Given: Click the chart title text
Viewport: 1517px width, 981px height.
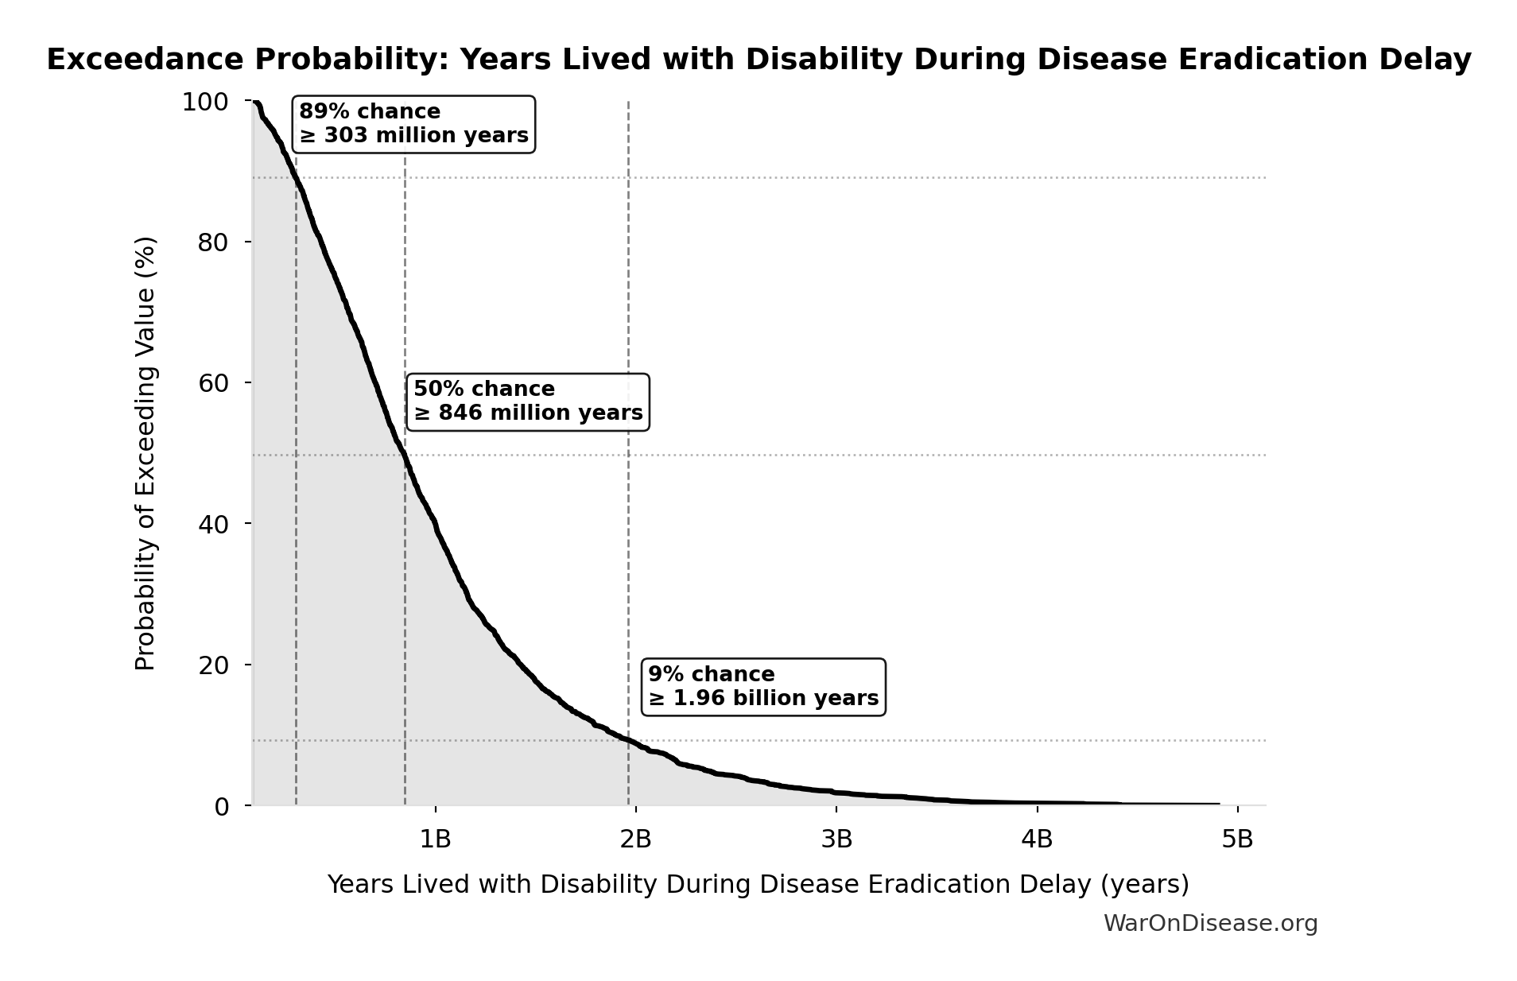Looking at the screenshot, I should [x=758, y=60].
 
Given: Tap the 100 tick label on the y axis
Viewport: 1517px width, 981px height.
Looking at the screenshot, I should [x=205, y=102].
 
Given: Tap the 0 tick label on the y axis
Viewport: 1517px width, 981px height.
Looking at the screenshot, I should [x=221, y=807].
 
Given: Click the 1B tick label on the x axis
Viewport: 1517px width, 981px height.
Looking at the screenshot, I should [x=435, y=839].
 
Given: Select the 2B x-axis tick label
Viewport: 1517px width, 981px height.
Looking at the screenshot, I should [x=635, y=839].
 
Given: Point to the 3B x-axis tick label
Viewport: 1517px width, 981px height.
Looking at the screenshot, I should [x=836, y=839].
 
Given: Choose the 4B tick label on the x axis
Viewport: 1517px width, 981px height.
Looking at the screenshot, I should [x=1037, y=839].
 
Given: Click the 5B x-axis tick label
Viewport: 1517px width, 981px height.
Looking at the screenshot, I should [x=1237, y=839].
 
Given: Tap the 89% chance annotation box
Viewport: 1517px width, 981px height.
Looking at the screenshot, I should [x=413, y=123].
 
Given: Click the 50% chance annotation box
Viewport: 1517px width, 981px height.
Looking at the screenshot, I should [x=528, y=401].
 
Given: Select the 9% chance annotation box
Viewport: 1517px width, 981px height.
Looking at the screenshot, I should [x=763, y=686].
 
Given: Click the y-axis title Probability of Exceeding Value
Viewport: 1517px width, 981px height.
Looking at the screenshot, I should [x=145, y=453].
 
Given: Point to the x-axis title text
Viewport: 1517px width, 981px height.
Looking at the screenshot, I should [x=758, y=884].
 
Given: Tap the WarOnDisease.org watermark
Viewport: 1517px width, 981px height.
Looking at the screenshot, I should [x=1210, y=923].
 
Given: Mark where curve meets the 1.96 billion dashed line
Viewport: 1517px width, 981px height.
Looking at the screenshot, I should [x=628, y=740].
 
